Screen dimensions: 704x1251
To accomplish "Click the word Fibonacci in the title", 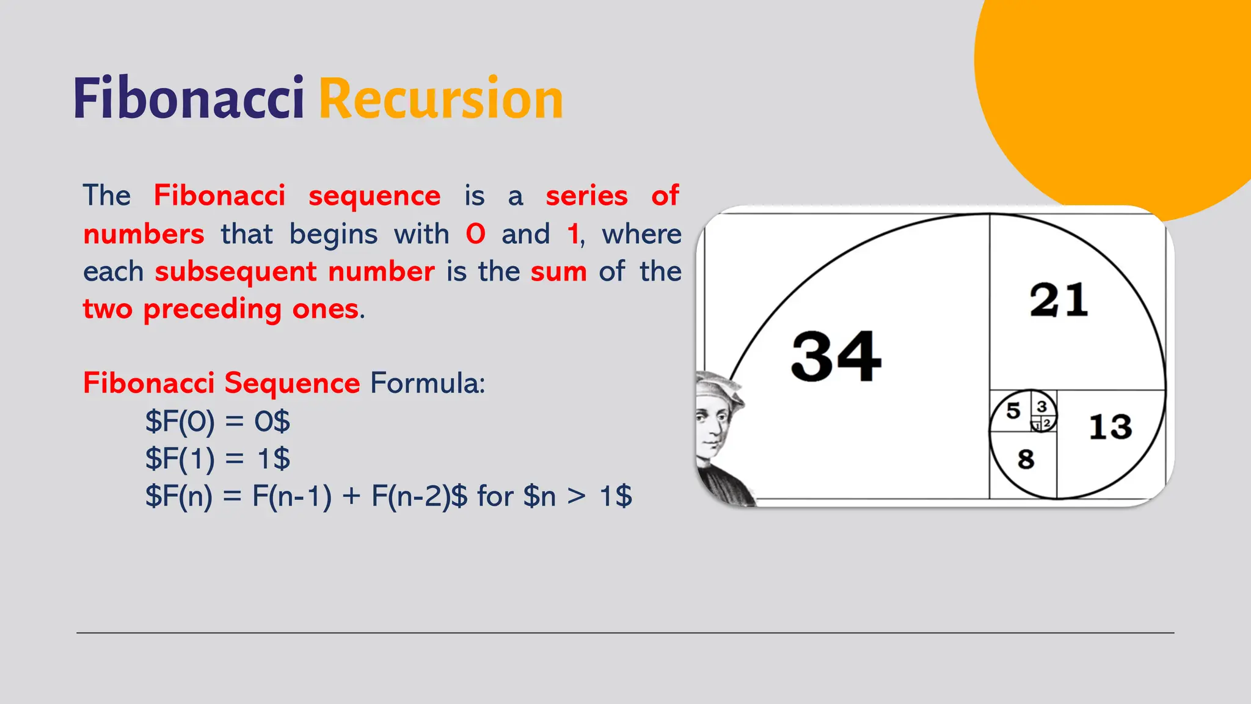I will (x=188, y=99).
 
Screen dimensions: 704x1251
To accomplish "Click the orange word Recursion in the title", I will (x=440, y=99).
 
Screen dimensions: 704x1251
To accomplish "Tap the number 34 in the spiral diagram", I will (x=836, y=356).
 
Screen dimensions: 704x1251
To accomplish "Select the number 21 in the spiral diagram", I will (x=1059, y=300).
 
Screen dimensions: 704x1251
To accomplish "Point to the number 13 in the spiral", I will (x=1111, y=427).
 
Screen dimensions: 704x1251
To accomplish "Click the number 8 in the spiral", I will (x=1026, y=459).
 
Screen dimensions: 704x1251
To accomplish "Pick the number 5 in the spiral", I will (x=1013, y=411).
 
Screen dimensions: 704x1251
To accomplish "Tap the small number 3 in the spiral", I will (x=1042, y=406).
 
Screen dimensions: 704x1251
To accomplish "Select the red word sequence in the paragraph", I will (x=374, y=197).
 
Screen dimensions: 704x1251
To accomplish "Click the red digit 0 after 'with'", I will (x=475, y=234).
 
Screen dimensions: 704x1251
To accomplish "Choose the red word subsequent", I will (x=235, y=272).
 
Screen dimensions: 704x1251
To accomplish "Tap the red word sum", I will (x=558, y=271).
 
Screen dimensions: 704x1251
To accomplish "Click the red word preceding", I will (x=212, y=309).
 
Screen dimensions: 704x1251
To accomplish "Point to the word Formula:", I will (x=428, y=384).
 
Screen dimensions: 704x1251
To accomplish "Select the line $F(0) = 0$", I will (x=217, y=422).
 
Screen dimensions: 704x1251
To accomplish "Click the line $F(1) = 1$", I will (x=217, y=459).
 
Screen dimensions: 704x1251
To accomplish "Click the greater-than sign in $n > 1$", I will (x=576, y=496).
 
